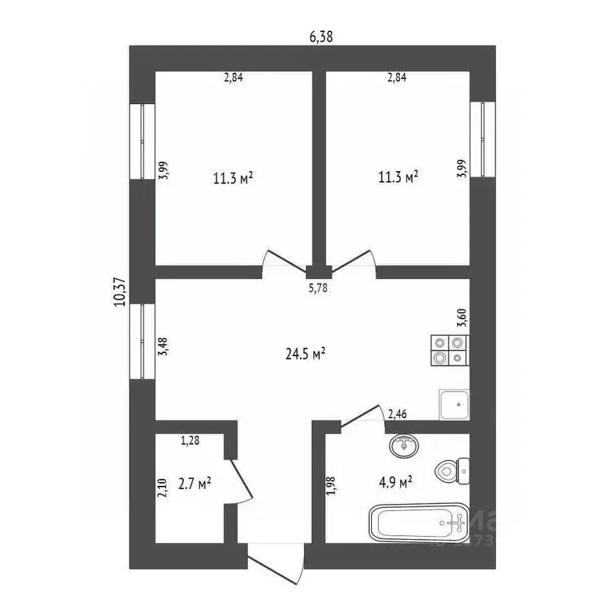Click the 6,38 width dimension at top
tap(321, 37)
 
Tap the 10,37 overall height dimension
tap(120, 291)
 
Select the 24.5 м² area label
tap(305, 354)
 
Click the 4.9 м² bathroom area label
tap(395, 482)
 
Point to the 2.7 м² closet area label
tap(195, 484)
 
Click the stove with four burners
tap(450, 350)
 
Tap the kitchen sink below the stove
tap(454, 405)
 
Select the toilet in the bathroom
tap(452, 471)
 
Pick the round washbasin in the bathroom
tap(404, 446)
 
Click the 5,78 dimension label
tap(318, 287)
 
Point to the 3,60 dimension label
tap(462, 317)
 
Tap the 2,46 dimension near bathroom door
tap(397, 414)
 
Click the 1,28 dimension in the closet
tap(190, 441)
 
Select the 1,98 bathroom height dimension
tap(331, 486)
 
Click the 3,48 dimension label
tap(163, 346)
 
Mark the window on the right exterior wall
tap(483, 139)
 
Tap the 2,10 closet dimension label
tap(162, 487)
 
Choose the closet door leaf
tap(241, 480)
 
